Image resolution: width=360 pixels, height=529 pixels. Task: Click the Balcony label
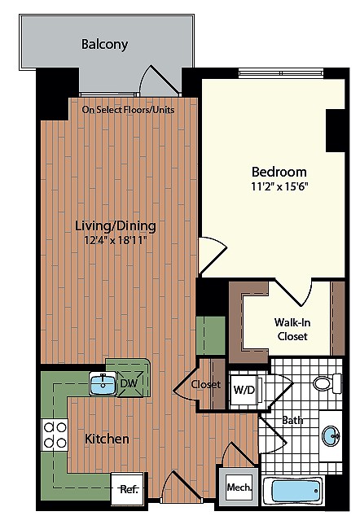tap(104, 45)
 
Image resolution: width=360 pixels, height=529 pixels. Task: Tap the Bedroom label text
tap(279, 172)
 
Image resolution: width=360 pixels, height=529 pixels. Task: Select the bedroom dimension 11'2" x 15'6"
tap(279, 186)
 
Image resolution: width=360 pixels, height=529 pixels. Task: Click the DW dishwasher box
tap(129, 383)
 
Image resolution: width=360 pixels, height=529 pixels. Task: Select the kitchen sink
tap(103, 383)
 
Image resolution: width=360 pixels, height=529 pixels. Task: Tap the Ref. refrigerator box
tap(128, 489)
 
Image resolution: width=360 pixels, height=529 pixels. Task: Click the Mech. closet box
tap(238, 487)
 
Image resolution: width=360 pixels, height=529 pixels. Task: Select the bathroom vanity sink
tap(331, 436)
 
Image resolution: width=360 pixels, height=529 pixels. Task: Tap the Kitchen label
tap(107, 439)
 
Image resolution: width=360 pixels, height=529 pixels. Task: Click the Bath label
tap(292, 420)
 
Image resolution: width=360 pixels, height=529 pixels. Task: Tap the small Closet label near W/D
tap(206, 384)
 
